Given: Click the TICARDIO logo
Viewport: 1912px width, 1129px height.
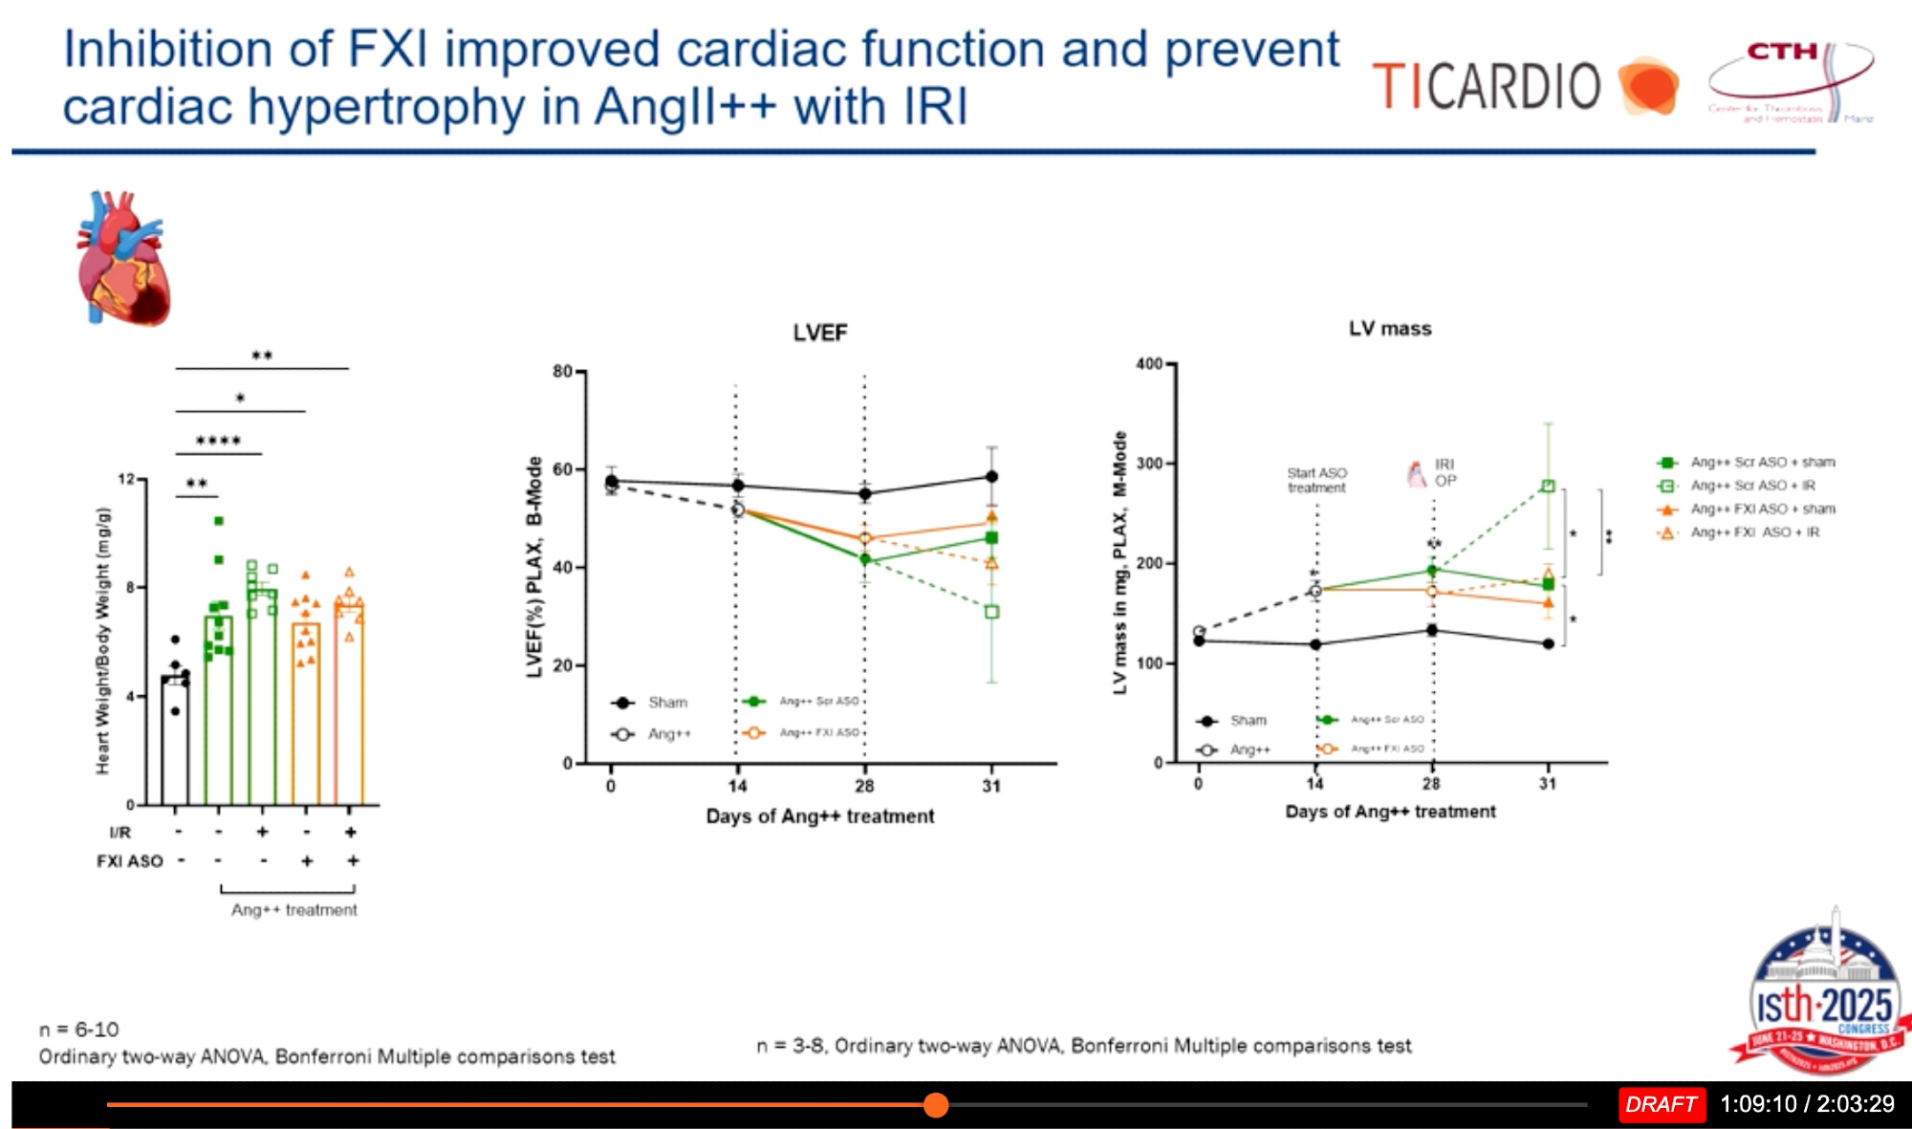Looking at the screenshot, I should click(1524, 86).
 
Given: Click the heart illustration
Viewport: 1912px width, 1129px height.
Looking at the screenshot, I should click(123, 259).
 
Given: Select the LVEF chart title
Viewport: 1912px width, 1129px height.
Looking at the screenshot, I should click(819, 333).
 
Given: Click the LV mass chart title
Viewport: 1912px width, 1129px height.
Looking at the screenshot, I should click(1390, 329).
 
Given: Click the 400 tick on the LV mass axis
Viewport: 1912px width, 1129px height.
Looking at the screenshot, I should click(1149, 364).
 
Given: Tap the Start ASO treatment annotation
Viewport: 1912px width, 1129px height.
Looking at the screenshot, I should click(1316, 480).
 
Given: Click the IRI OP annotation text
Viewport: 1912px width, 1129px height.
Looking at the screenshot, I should click(1445, 472).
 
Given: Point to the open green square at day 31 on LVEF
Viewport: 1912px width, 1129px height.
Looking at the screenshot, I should click(991, 612).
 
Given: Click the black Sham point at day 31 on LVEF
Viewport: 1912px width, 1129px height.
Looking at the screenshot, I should click(991, 476).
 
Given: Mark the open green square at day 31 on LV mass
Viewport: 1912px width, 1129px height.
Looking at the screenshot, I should click(1548, 487).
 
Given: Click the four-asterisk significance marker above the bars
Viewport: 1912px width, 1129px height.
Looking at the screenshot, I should click(218, 441).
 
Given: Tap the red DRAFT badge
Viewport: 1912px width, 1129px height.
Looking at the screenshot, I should click(1661, 1104).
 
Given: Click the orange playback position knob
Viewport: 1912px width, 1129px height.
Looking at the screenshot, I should click(936, 1105).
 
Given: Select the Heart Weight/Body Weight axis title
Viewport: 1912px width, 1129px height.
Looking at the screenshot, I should click(103, 640).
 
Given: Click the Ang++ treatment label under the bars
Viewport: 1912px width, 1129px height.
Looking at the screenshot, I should click(293, 910).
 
